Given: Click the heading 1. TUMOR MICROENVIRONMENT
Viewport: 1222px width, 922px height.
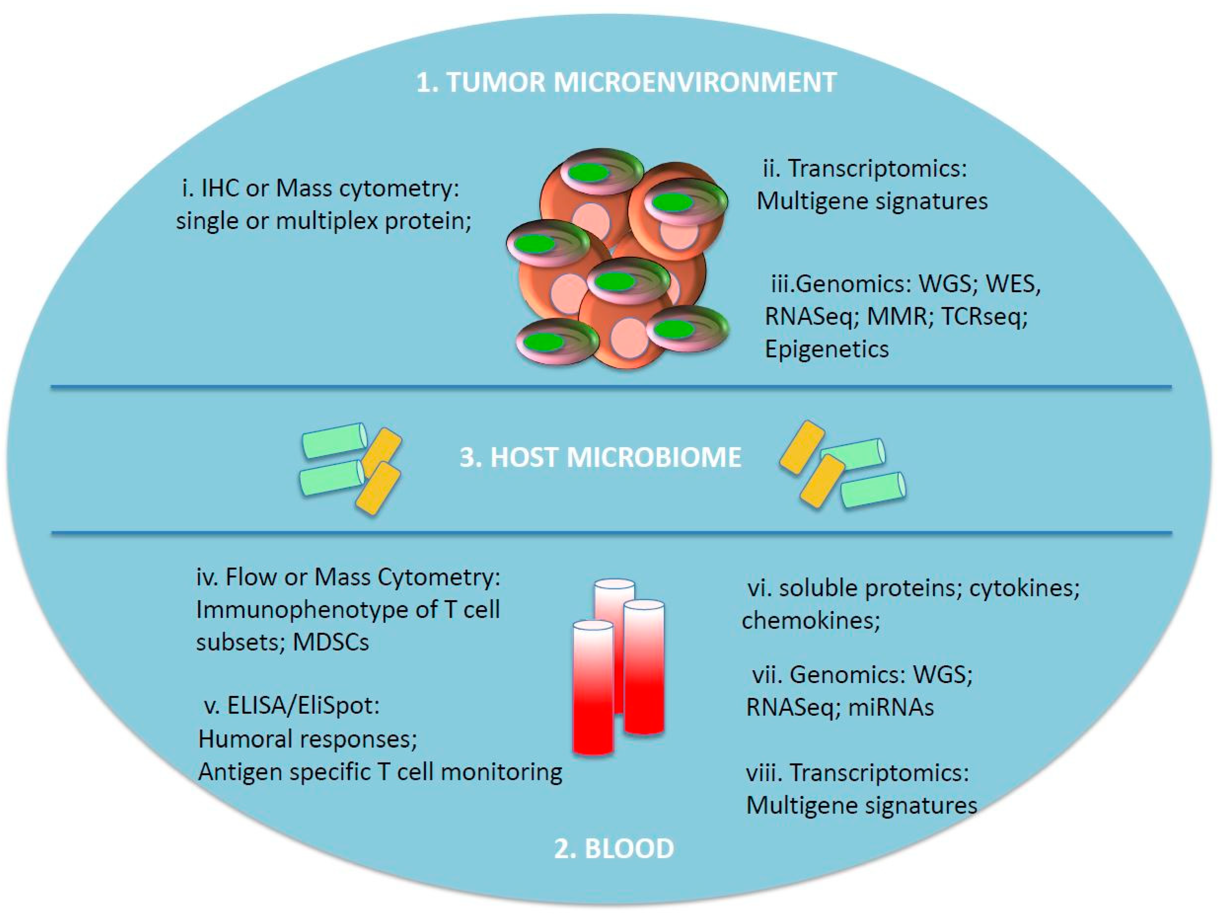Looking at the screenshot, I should (626, 83).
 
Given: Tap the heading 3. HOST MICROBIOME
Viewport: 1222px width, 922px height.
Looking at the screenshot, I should (601, 458).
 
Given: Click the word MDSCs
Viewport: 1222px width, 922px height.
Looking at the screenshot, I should (330, 642).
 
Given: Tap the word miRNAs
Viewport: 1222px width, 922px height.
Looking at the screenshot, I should (891, 707).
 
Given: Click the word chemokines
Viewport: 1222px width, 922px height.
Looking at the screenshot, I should (810, 620).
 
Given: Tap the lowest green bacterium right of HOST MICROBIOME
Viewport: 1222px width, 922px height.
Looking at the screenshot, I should (873, 490).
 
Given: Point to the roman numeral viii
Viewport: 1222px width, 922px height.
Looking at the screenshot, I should (764, 772).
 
